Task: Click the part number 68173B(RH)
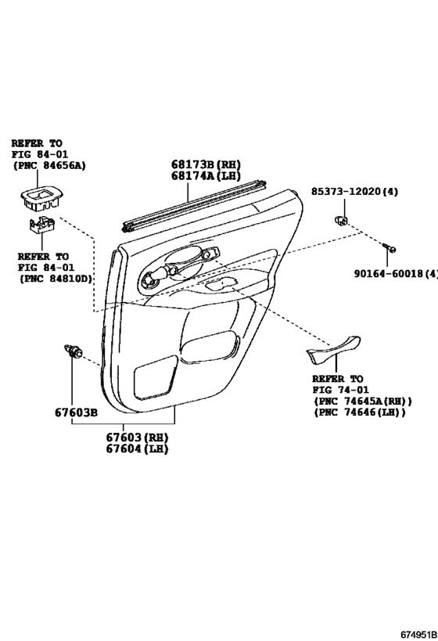(206, 164)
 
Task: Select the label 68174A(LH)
(206, 176)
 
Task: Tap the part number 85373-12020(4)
(354, 191)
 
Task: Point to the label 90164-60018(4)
(396, 273)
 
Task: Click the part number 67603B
(76, 412)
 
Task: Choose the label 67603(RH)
(138, 437)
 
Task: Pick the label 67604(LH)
(138, 448)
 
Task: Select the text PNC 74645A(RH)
(364, 402)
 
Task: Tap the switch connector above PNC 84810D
(42, 225)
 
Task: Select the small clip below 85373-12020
(341, 221)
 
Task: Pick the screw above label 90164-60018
(389, 248)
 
